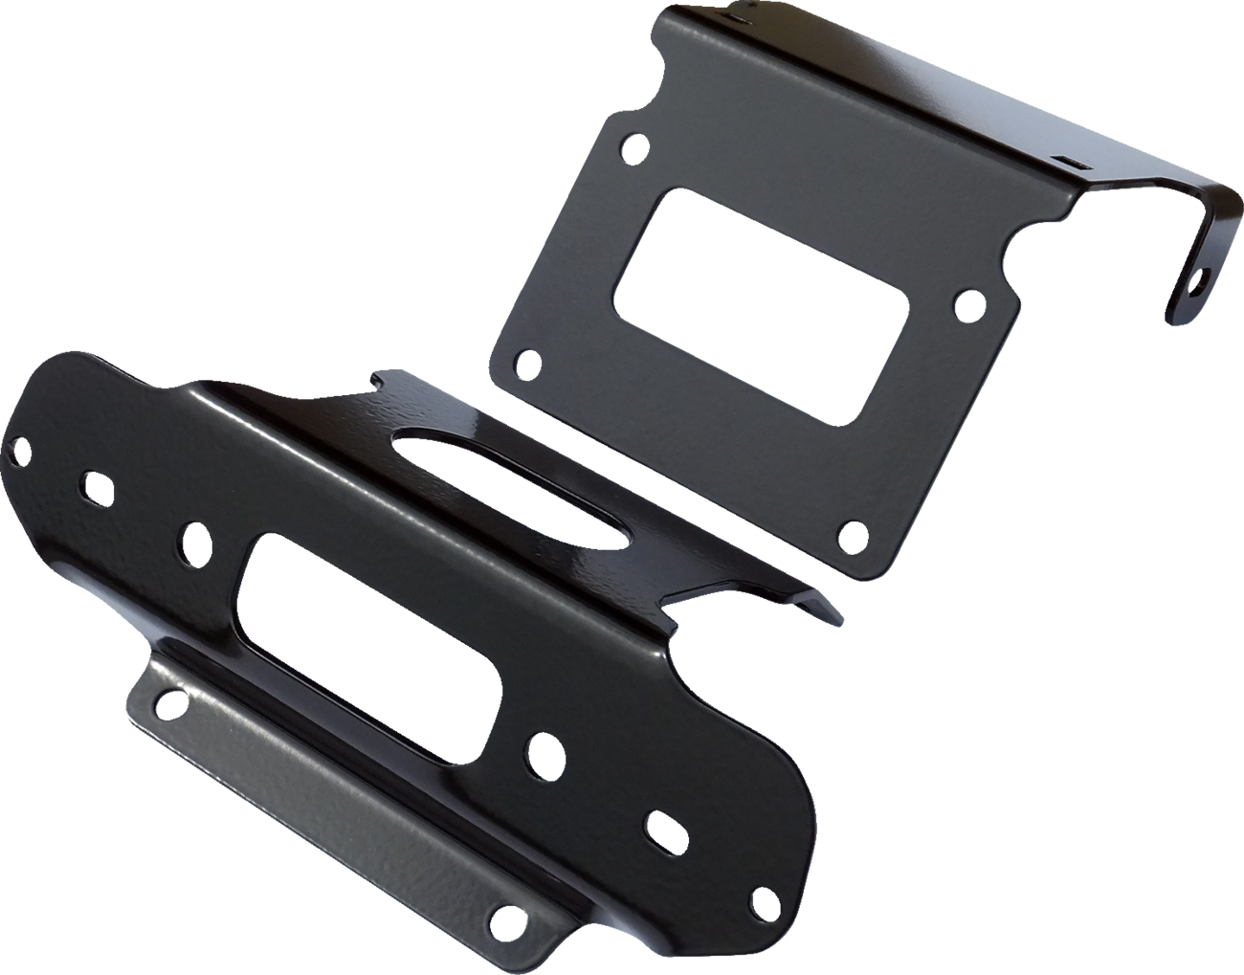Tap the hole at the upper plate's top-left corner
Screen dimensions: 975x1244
(633, 147)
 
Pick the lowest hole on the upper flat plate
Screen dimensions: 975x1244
(846, 532)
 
